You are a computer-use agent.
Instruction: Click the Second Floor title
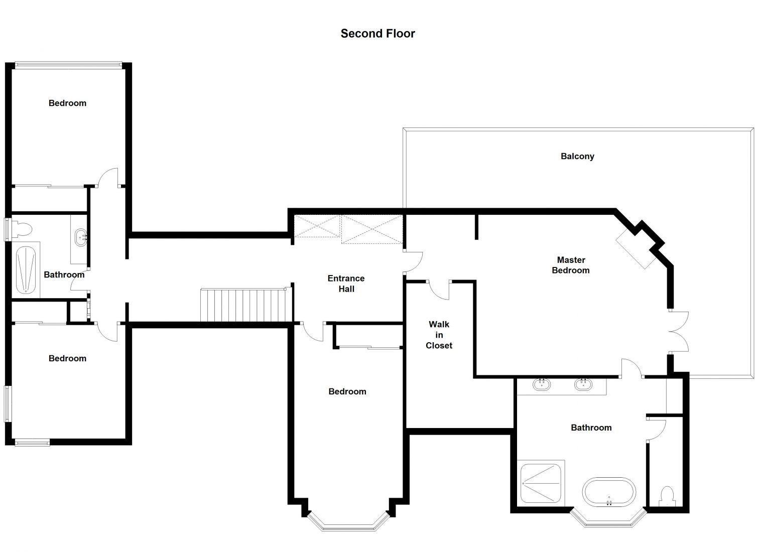click(377, 34)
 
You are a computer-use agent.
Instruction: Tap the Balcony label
click(577, 156)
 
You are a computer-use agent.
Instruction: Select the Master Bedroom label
click(571, 265)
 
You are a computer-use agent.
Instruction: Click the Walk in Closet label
click(439, 335)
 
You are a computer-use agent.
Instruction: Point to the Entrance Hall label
click(346, 284)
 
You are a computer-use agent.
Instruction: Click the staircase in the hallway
click(246, 305)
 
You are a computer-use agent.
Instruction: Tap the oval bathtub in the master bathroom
click(609, 492)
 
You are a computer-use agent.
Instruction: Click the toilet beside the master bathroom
click(667, 497)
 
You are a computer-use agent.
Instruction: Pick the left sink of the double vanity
click(542, 384)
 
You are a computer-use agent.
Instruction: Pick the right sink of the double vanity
click(583, 384)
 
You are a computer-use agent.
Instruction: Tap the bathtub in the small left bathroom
click(26, 270)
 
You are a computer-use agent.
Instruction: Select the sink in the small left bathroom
click(81, 237)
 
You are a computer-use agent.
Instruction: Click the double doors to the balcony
click(679, 332)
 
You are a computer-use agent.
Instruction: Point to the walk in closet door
click(439, 290)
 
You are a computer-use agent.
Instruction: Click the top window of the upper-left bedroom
click(68, 65)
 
